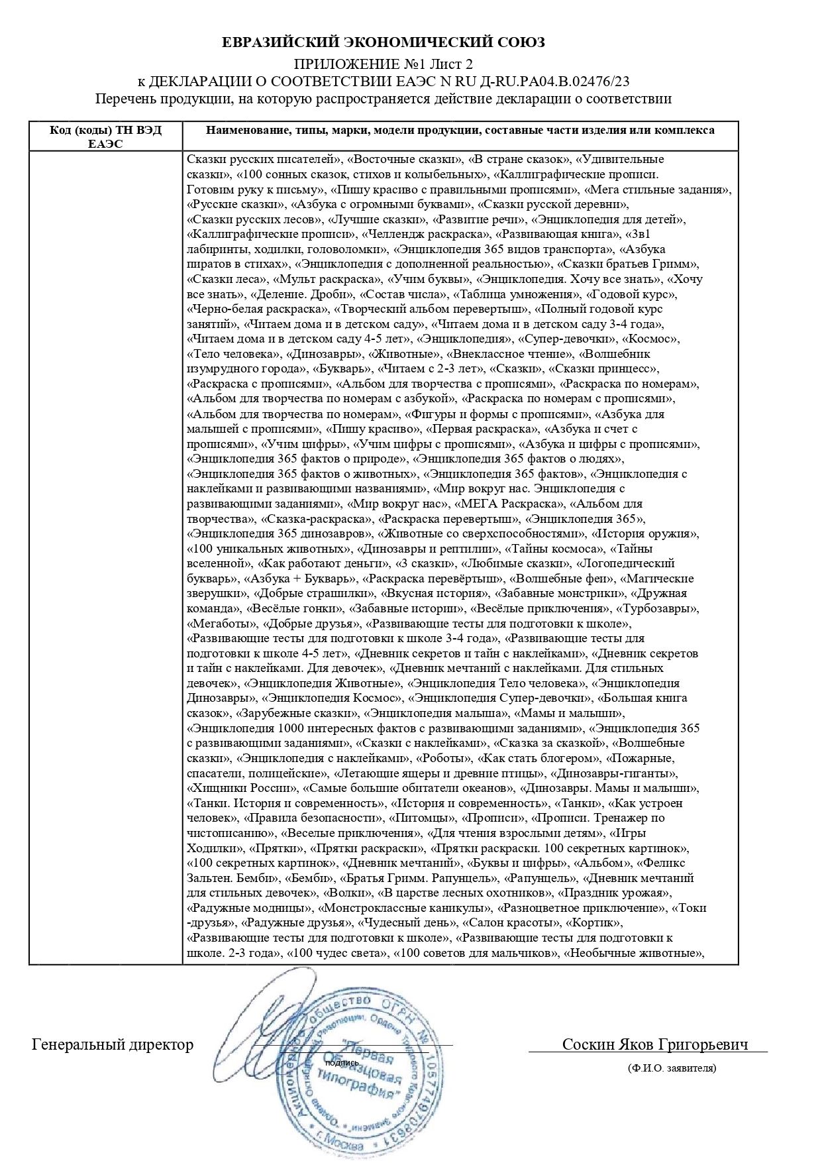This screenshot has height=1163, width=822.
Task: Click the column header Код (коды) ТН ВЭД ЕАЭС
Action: pyautogui.click(x=105, y=136)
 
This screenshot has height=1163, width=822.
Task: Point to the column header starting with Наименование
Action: pyautogui.click(x=460, y=131)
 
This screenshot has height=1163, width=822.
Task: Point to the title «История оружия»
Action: pyautogui.click(x=637, y=534)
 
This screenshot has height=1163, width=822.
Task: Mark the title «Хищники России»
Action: pyautogui.click(x=242, y=788)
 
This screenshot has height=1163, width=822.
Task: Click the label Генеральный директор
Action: pyautogui.click(x=113, y=1045)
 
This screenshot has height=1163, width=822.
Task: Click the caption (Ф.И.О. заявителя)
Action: pyautogui.click(x=672, y=1068)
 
